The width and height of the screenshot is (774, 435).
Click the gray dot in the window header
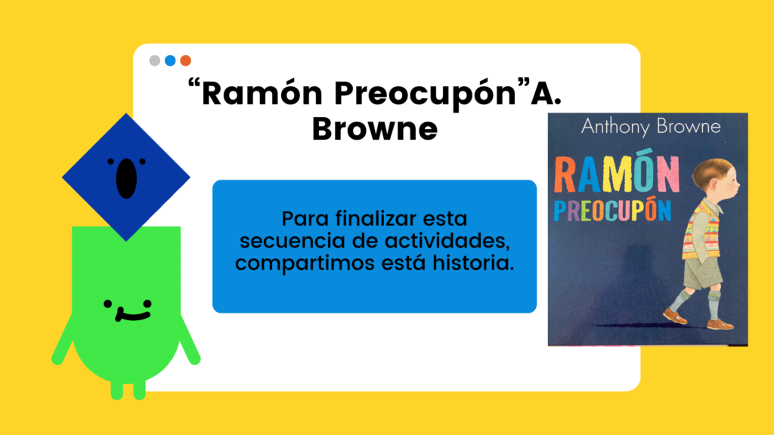(154, 60)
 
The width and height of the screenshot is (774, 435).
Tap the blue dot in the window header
(170, 60)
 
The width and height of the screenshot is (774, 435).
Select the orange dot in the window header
(186, 60)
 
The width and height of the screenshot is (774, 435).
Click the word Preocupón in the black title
(425, 94)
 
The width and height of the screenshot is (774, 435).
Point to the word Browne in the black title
(375, 129)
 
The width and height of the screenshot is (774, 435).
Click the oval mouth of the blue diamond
(126, 178)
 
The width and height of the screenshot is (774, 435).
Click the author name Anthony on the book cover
(615, 127)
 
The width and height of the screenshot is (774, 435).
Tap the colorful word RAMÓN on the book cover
(617, 174)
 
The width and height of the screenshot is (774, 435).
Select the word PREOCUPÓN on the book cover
(612, 210)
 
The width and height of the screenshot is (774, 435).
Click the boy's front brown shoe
(720, 324)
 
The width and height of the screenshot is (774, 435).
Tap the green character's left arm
(65, 340)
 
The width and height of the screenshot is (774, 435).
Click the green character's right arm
(189, 340)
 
